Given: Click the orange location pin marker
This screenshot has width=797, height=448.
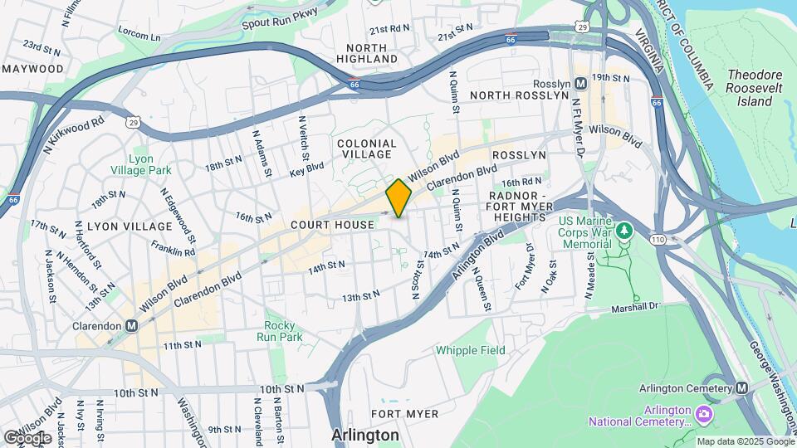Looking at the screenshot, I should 398,198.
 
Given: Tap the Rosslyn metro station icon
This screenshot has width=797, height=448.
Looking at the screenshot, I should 580,84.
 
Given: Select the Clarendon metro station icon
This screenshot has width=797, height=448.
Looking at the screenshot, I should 131,326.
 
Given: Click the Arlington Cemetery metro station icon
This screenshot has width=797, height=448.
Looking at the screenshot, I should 741,388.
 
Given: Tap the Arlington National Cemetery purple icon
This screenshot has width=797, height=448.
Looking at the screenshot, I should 704,412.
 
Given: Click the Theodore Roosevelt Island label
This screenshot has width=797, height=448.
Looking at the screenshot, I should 749,88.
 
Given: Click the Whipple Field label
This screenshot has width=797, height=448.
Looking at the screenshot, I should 471,350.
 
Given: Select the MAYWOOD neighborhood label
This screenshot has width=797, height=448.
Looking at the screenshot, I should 32,68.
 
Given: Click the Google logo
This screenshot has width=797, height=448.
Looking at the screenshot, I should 27,437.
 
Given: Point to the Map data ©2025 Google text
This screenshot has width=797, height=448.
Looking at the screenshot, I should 744,441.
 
